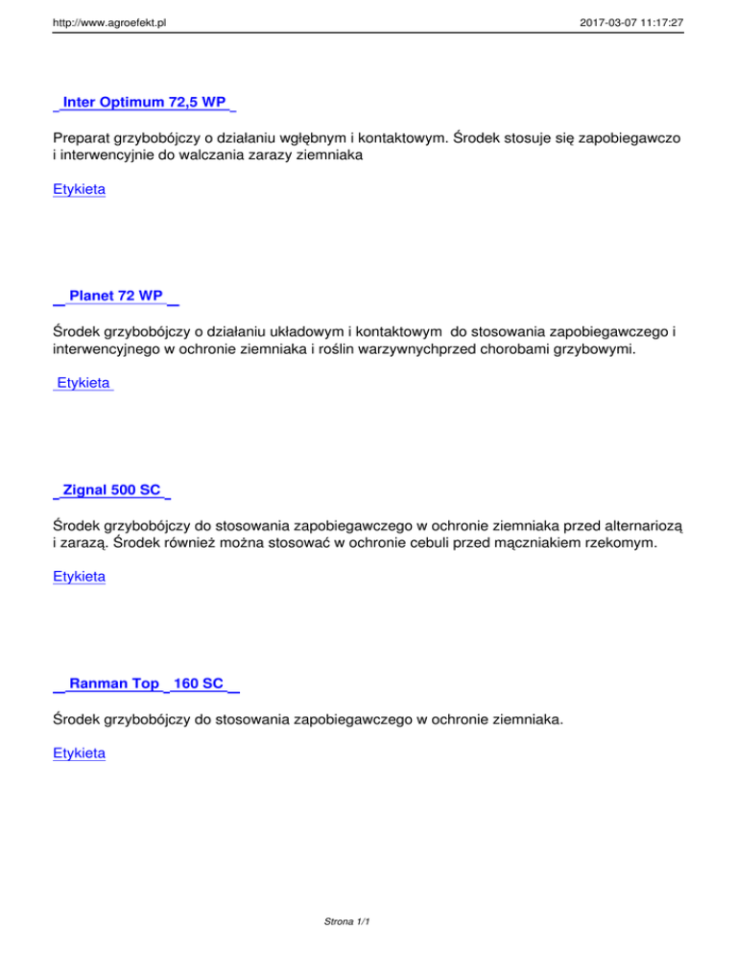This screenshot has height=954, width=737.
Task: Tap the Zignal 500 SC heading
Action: [x=111, y=489]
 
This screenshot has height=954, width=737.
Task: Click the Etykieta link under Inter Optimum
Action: [x=80, y=189]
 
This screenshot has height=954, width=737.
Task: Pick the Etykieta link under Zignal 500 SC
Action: [x=80, y=577]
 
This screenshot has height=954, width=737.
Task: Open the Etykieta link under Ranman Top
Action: [x=80, y=754]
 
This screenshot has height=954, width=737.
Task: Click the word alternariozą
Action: [x=636, y=525]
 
